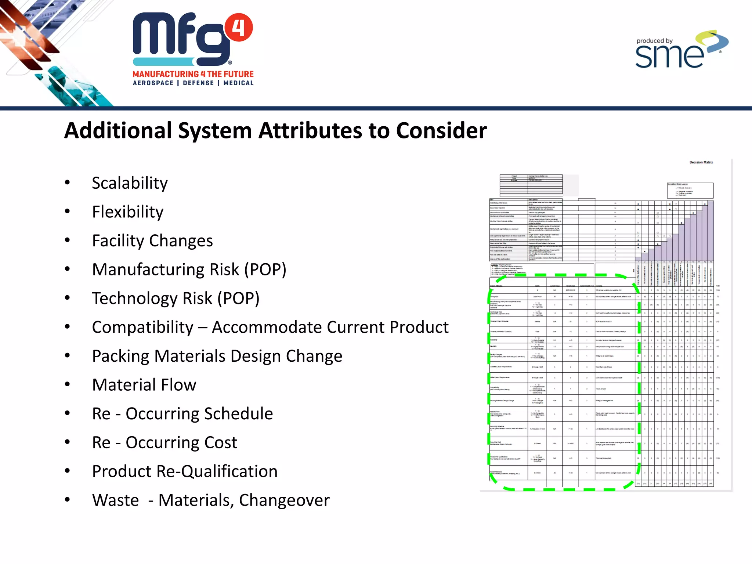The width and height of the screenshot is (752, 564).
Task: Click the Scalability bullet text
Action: [x=130, y=183]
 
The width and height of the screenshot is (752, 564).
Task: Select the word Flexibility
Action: [x=127, y=212]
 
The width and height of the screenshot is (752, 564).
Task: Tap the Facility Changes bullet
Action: [x=152, y=241]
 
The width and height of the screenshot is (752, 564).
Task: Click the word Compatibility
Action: [x=142, y=327]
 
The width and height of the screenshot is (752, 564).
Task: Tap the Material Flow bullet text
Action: [x=144, y=385]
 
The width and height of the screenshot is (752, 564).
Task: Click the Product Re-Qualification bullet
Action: [x=185, y=471]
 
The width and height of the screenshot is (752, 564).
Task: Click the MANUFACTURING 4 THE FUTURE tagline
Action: [x=193, y=74]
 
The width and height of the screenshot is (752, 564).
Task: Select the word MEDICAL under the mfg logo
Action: [x=238, y=83]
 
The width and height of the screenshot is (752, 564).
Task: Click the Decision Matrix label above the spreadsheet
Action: [x=701, y=162]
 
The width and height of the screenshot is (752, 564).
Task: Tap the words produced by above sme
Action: [x=654, y=41]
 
